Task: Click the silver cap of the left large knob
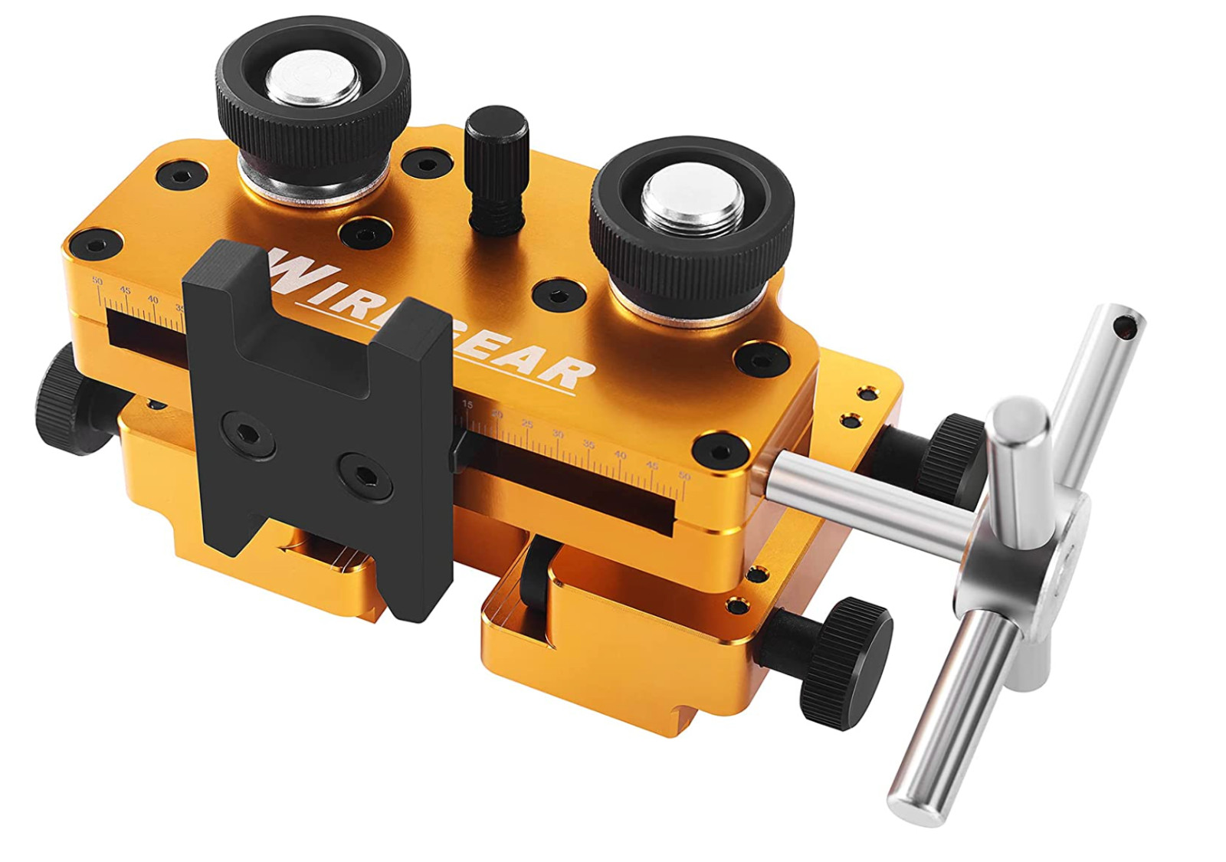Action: tap(313, 79)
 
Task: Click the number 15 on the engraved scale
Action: tap(467, 405)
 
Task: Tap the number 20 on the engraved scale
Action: tap(497, 415)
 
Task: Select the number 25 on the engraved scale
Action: tap(527, 424)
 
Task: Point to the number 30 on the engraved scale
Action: tap(558, 434)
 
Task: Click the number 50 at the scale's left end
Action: tap(97, 281)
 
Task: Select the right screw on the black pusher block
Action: tap(366, 475)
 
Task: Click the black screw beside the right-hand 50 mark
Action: tap(720, 450)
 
